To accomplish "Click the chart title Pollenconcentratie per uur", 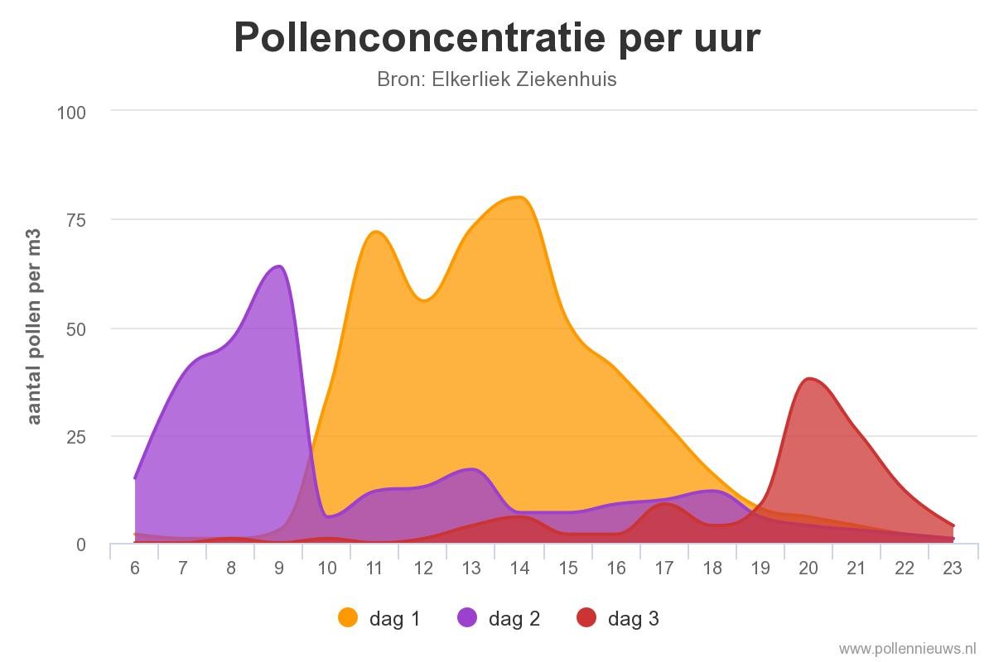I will pos(496,37).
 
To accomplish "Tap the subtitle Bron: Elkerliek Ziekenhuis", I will pos(496,79).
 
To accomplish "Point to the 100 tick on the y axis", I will pos(71,112).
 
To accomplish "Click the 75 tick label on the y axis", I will pos(76,220).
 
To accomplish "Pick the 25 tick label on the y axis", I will pos(76,436).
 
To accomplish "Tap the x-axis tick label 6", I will pos(135,568).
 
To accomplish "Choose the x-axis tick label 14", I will pos(519,568).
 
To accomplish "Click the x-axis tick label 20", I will pos(808,568).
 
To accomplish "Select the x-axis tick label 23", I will pos(952,568).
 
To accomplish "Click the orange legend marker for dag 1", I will pos(349,617).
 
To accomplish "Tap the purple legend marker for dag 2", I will pos(467,617).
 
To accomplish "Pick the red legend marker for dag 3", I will pos(586,617).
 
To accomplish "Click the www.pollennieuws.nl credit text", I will pos(907,648).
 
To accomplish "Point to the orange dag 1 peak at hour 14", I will pos(519,197).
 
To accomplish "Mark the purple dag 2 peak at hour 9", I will pos(279,266).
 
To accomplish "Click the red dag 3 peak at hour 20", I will pos(808,379).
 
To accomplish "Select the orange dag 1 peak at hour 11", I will pos(375,232).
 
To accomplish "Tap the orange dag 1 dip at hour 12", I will pos(423,300).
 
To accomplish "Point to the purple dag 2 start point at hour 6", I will pos(135,477).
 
